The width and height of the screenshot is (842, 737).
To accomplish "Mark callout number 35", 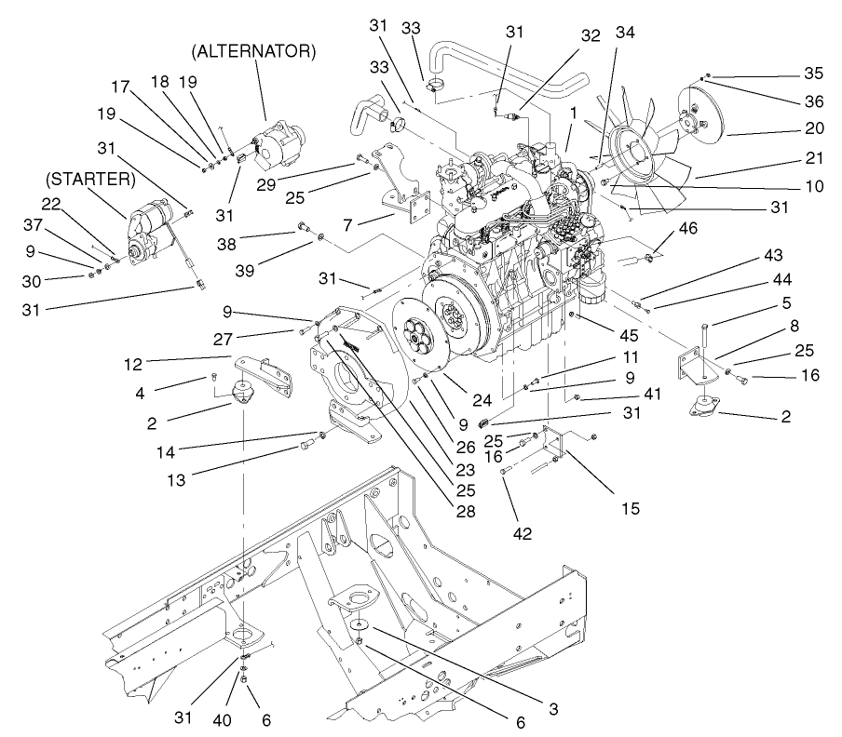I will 813,71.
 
